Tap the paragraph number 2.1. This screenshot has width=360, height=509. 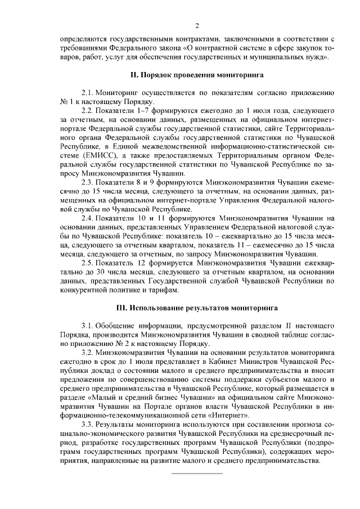coord(88,92)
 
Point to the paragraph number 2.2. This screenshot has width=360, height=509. coord(88,110)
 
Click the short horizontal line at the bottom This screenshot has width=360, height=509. coord(197,473)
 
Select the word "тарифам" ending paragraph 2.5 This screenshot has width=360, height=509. coord(164,290)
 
